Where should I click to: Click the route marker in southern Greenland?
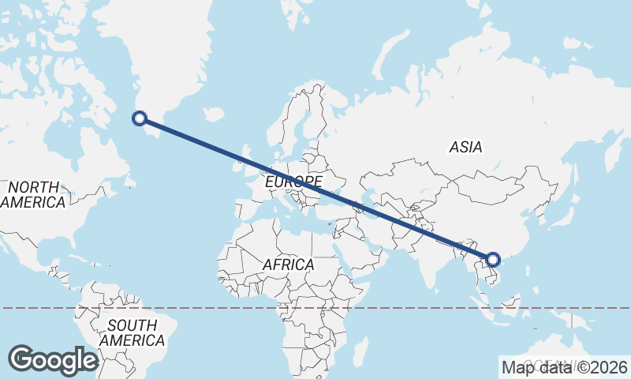(x=140, y=119)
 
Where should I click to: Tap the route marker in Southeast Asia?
(x=493, y=259)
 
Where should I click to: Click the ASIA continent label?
(x=465, y=147)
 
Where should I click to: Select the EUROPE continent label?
(x=293, y=182)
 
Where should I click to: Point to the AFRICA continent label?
(x=288, y=265)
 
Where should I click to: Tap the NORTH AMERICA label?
(x=33, y=194)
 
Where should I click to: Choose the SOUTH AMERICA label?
(x=133, y=332)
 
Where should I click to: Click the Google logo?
(x=53, y=360)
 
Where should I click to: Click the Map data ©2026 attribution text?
(x=565, y=367)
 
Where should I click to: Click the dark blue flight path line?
(x=315, y=189)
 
